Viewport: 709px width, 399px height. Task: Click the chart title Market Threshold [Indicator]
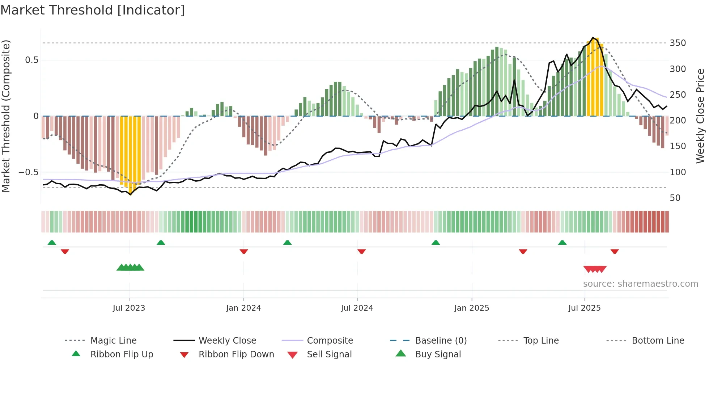pyautogui.click(x=93, y=10)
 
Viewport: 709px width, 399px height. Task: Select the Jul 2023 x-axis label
pyautogui.click(x=129, y=308)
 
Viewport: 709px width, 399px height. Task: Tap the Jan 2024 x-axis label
pyautogui.click(x=243, y=308)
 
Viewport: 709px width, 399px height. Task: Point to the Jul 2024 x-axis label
pyautogui.click(x=357, y=308)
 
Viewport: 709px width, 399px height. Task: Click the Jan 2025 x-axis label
pyautogui.click(x=472, y=308)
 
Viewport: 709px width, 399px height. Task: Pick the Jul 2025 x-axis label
pyautogui.click(x=585, y=308)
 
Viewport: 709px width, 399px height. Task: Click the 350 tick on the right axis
pyautogui.click(x=678, y=43)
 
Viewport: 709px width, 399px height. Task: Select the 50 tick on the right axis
pyautogui.click(x=675, y=198)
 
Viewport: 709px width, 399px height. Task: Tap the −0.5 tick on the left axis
pyautogui.click(x=29, y=172)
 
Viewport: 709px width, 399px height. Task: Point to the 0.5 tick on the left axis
pyautogui.click(x=32, y=60)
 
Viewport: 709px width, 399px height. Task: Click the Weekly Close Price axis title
pyautogui.click(x=700, y=116)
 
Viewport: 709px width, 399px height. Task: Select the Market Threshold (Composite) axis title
pyautogui.click(x=6, y=116)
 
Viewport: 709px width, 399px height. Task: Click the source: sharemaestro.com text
pyautogui.click(x=640, y=284)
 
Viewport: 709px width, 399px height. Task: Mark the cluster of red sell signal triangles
pyautogui.click(x=595, y=269)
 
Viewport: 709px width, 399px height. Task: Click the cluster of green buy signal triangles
pyautogui.click(x=130, y=268)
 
